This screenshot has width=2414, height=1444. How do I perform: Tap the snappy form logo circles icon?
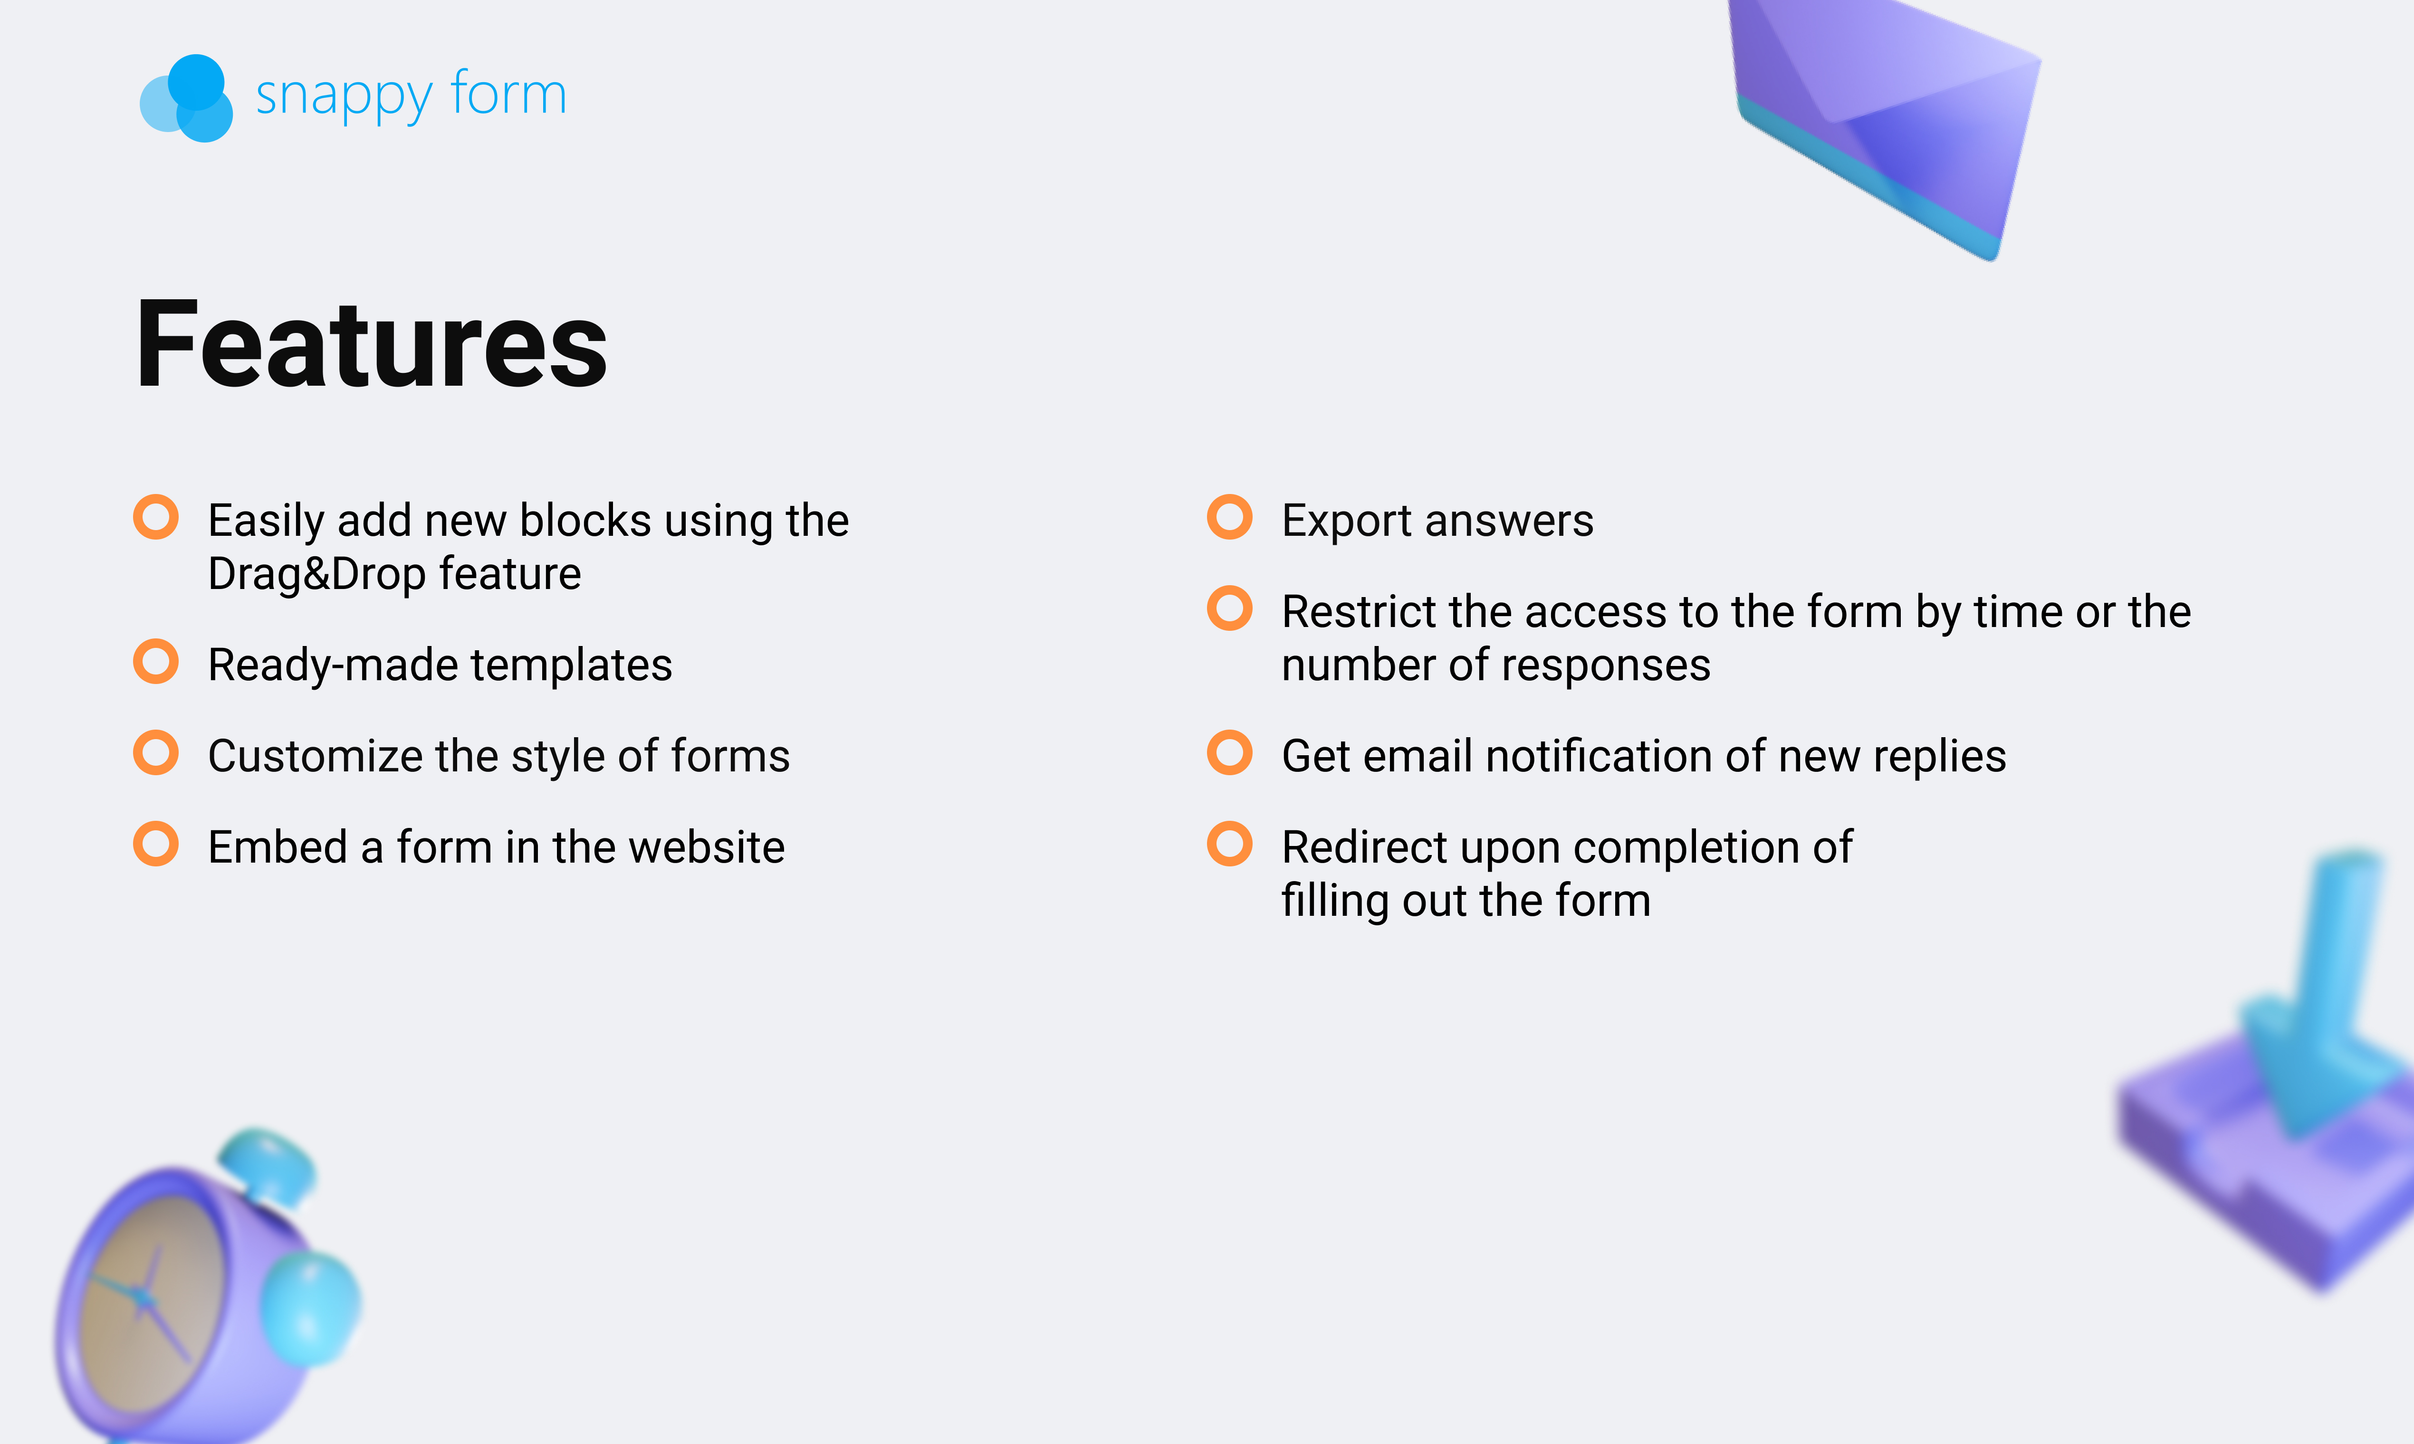[x=187, y=98]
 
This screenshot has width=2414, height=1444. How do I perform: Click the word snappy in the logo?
[x=344, y=97]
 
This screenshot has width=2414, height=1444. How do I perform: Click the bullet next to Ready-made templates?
[x=156, y=662]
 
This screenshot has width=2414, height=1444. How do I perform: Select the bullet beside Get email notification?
[x=1229, y=752]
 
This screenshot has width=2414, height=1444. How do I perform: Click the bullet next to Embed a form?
[x=156, y=844]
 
